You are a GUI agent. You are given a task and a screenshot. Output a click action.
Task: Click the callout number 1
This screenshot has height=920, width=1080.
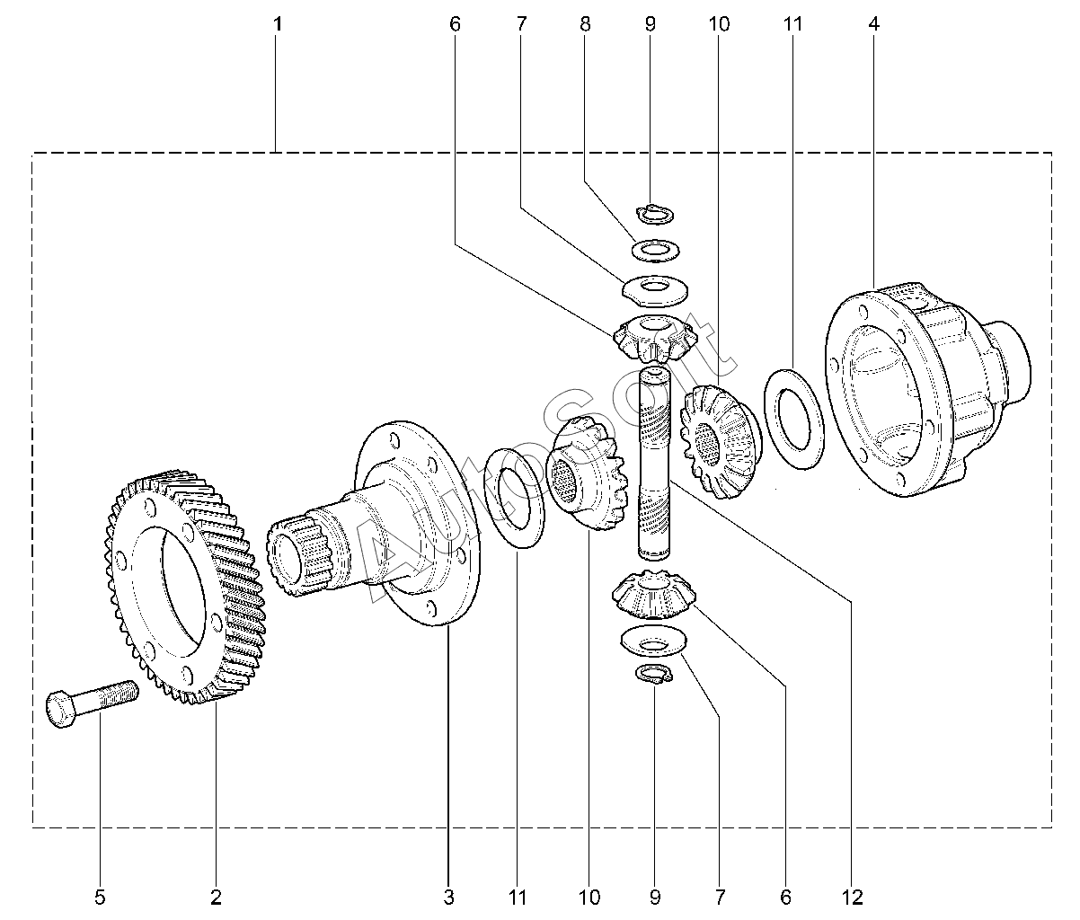pyautogui.click(x=278, y=24)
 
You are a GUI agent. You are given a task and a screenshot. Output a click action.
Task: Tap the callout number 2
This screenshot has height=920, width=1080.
pyautogui.click(x=216, y=897)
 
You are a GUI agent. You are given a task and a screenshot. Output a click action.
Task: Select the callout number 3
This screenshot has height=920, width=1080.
pyautogui.click(x=448, y=897)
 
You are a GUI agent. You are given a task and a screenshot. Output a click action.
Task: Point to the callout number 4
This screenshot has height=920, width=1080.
pyautogui.click(x=873, y=24)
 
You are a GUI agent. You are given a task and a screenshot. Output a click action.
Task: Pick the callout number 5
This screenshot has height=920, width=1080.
pyautogui.click(x=100, y=897)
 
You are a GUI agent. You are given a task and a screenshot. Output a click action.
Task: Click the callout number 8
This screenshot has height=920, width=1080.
pyautogui.click(x=586, y=24)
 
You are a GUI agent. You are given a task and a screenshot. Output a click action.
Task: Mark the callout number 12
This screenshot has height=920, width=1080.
pyautogui.click(x=852, y=897)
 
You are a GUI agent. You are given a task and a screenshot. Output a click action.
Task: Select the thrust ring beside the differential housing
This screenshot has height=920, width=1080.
pyautogui.click(x=794, y=418)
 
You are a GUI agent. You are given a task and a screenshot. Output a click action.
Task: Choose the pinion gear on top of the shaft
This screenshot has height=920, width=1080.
pyautogui.click(x=654, y=336)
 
